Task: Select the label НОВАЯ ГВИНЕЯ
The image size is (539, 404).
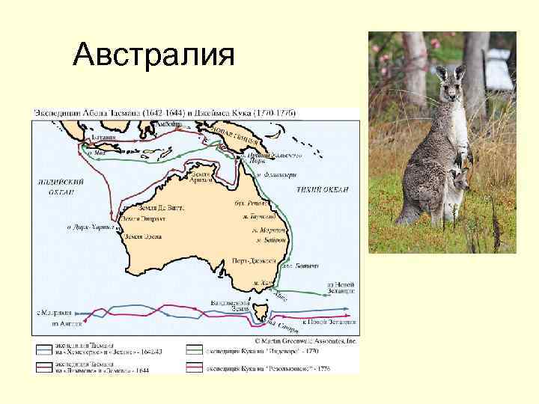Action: click(x=240, y=134)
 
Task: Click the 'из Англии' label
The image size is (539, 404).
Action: click(x=64, y=323)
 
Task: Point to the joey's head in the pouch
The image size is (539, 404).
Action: click(x=458, y=180)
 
